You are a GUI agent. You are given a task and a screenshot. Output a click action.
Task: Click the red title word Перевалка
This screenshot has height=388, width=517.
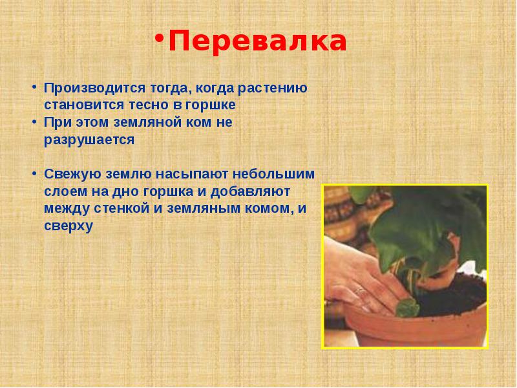pos(257,41)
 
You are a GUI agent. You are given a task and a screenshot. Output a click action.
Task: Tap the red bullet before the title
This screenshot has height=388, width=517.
pos(160,38)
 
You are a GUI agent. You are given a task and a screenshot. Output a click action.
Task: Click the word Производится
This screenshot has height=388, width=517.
pos(94,89)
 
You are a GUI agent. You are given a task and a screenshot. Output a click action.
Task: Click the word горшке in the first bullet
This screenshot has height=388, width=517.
pos(211,105)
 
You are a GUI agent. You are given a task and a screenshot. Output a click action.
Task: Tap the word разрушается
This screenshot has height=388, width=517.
pos(89,140)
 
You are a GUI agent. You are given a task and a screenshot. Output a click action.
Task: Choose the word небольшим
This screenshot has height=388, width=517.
pos(273,174)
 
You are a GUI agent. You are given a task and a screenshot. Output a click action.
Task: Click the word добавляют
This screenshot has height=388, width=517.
pos(250,191)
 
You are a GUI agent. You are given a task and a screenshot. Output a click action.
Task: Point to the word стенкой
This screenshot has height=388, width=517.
pos(121,209)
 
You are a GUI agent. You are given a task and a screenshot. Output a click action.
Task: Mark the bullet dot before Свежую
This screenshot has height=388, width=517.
pos(34,173)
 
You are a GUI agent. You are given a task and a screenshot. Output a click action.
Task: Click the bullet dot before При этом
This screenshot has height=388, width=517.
pos(34,122)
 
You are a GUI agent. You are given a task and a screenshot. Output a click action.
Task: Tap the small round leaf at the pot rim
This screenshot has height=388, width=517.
pos(408,307)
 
